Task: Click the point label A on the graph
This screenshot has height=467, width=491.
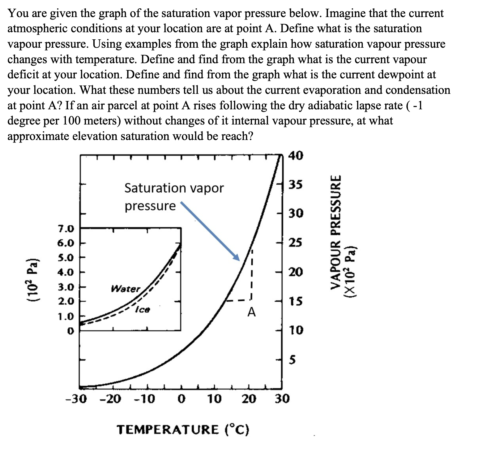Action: (252, 312)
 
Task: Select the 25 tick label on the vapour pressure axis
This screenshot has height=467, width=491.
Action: (296, 242)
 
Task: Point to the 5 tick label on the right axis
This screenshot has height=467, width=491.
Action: (292, 360)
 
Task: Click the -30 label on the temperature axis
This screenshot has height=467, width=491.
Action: (76, 399)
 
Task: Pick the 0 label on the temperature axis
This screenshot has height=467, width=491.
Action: (182, 399)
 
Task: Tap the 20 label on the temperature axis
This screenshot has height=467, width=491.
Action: (249, 399)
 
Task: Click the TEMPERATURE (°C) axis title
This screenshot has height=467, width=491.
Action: (183, 430)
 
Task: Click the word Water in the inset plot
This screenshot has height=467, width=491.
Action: (126, 289)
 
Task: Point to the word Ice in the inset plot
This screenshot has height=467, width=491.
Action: (143, 309)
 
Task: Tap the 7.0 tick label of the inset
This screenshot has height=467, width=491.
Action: (66, 229)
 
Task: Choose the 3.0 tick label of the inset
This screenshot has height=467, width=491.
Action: (66, 287)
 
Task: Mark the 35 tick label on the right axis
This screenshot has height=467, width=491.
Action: (296, 185)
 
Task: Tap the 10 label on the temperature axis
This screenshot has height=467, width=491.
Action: (214, 399)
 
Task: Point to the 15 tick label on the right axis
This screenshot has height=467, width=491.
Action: (296, 301)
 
